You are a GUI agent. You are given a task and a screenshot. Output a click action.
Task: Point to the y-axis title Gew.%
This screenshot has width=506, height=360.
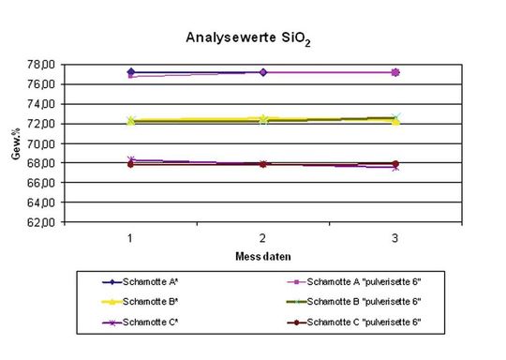click(16, 142)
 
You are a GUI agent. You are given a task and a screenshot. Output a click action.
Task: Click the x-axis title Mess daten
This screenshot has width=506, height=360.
click(262, 255)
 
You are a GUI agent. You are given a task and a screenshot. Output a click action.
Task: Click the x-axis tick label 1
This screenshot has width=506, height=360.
click(131, 238)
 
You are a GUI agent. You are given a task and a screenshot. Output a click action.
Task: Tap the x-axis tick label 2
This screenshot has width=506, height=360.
click(263, 238)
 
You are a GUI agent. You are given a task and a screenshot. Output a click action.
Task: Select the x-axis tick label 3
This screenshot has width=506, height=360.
click(394, 238)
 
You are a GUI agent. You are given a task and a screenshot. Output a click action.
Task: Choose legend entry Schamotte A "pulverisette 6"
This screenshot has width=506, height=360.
click(359, 281)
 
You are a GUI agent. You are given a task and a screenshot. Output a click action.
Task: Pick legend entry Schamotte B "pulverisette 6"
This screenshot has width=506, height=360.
click(359, 301)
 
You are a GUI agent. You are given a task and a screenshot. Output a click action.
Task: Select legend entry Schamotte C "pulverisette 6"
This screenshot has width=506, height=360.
click(359, 322)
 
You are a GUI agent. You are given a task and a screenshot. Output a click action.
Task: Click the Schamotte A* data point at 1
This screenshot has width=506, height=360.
click(131, 72)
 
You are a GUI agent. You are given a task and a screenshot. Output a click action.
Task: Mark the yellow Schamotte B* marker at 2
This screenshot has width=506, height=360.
click(263, 119)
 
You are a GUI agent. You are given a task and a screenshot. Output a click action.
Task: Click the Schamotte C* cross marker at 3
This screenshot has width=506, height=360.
click(394, 167)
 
